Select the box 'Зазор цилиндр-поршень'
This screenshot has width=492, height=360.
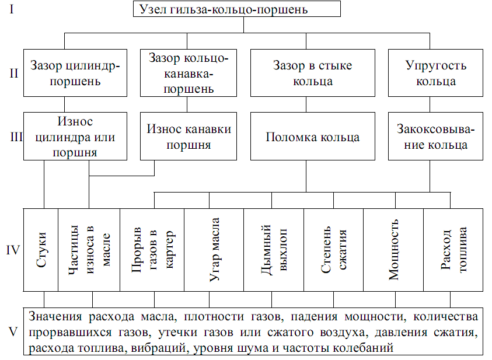(x=75, y=74)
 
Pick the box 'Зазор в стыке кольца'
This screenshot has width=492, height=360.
(x=312, y=74)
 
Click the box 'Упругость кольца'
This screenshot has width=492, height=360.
(x=435, y=74)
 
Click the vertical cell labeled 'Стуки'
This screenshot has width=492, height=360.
(x=41, y=250)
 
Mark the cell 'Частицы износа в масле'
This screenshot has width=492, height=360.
(x=89, y=250)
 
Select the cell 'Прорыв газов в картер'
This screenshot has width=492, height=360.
(x=152, y=250)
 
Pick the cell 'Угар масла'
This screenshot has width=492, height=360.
(x=214, y=250)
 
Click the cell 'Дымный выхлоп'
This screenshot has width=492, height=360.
(x=274, y=250)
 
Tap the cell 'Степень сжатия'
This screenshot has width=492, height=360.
(x=334, y=250)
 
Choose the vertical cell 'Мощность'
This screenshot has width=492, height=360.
(x=393, y=250)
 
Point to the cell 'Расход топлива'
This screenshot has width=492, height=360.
(x=453, y=250)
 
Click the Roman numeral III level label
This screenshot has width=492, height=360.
(x=16, y=138)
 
